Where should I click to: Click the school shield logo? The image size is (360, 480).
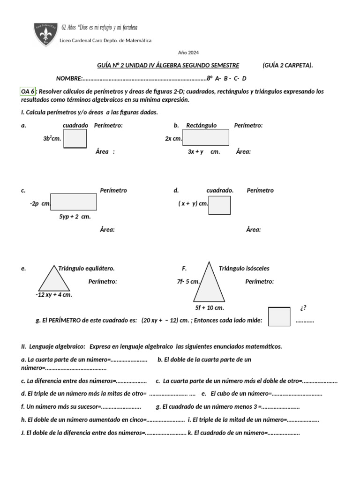coord(46,34)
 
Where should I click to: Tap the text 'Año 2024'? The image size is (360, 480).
coord(188,52)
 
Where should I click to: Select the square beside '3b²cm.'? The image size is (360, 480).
coord(75,138)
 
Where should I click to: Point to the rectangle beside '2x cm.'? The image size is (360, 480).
coord(206,137)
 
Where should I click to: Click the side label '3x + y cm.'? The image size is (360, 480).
coord(203,152)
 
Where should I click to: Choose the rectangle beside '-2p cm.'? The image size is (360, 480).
coord(74,202)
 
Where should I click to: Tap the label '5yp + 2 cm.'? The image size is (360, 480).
coord(75,217)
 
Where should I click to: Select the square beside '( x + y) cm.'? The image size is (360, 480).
coord(219,205)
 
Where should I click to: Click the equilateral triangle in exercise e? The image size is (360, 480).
coord(54,280)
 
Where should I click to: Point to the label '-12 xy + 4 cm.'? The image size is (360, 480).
coord(54,295)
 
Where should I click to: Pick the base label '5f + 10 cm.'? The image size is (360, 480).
coord(210,308)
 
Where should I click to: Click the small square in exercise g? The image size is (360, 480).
coord(279,316)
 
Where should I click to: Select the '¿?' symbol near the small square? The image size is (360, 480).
coord(303,308)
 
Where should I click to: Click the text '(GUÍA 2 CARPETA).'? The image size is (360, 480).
coord(287,65)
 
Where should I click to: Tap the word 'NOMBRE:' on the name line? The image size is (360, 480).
coord(69,78)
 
